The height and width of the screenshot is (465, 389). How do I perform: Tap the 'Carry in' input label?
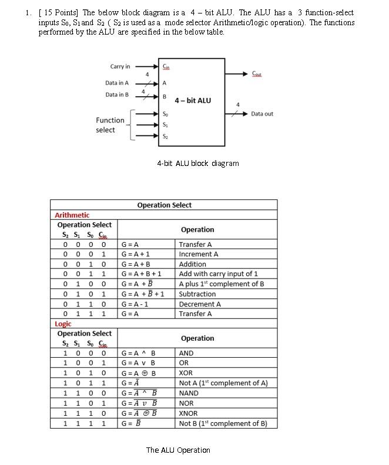click(120, 67)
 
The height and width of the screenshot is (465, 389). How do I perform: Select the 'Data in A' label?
click(117, 83)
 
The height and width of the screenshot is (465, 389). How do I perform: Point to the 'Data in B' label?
click(117, 94)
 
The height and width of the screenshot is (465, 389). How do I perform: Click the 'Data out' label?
click(262, 114)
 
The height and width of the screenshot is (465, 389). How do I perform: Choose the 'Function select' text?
click(110, 125)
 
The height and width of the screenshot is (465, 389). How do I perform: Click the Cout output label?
click(257, 74)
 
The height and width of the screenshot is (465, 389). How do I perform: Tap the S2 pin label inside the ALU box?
click(165, 137)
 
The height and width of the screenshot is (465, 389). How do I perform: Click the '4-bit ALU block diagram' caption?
click(197, 163)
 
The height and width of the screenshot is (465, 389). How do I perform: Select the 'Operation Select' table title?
click(164, 205)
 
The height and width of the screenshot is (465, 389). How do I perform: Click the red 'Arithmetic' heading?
click(72, 215)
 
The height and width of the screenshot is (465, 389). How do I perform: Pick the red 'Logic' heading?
click(63, 324)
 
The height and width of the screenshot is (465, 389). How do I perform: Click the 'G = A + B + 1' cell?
click(141, 274)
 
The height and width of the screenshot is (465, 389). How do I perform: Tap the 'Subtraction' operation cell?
click(197, 294)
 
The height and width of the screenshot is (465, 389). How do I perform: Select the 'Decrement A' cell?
click(199, 304)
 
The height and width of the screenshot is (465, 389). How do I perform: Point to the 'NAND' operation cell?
click(189, 393)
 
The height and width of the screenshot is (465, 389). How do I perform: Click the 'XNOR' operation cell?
click(188, 413)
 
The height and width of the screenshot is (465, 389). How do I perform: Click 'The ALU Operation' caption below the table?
click(177, 450)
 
